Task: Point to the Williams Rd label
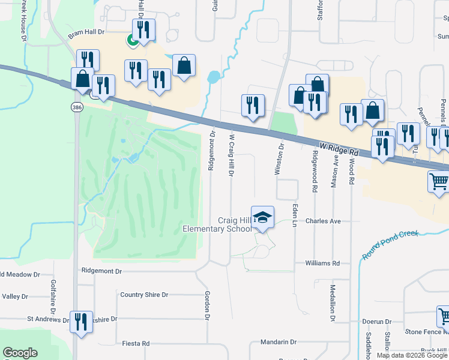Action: click(322, 263)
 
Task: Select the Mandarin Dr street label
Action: click(279, 342)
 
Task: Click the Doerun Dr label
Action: click(377, 322)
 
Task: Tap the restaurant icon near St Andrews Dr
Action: click(80, 322)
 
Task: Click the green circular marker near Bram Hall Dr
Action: click(130, 40)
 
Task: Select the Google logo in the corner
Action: click(20, 353)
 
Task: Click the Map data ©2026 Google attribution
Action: click(412, 355)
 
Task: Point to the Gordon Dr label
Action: click(207, 305)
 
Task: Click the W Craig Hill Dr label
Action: click(231, 155)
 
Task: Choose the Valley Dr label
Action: click(15, 296)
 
